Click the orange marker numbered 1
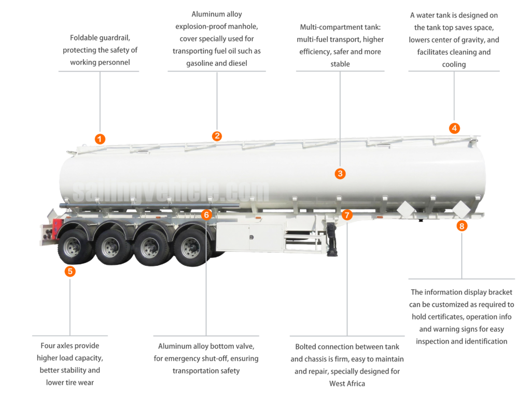point(100,139)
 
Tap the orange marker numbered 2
point(217,136)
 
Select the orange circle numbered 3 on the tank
point(340,174)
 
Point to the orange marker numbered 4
point(454,128)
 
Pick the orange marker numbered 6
point(206,215)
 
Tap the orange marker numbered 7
point(347,215)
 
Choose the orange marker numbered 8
point(462,226)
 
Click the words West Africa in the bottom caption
point(347,383)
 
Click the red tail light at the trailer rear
point(57,226)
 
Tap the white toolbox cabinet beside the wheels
point(249,237)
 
